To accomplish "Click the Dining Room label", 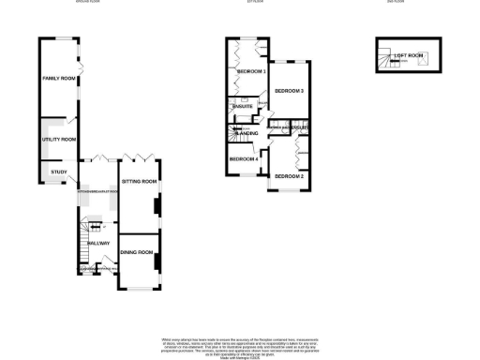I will (x=137, y=252).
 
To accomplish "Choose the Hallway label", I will (x=97, y=243).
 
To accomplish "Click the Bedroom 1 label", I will (x=250, y=72).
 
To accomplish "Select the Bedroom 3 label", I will (x=289, y=92).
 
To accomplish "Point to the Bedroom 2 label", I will (x=289, y=176).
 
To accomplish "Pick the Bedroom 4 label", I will (x=244, y=159).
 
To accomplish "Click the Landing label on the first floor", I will (x=247, y=135).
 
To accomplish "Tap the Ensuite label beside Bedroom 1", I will (x=241, y=107).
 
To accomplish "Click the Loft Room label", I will (x=409, y=56).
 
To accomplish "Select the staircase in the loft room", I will (x=384, y=60).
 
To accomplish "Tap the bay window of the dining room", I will (x=138, y=286).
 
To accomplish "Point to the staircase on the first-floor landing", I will (x=231, y=135).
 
